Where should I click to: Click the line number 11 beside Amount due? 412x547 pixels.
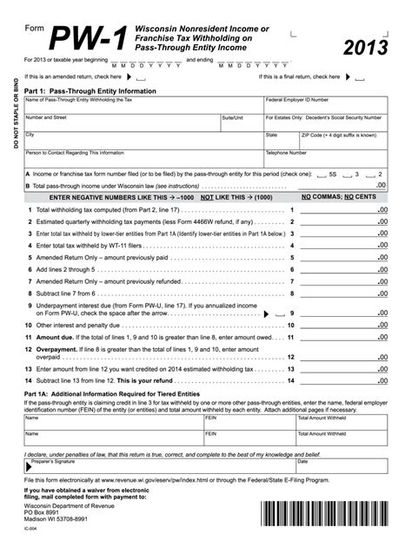(30, 336)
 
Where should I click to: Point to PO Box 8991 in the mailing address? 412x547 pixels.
(41, 511)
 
